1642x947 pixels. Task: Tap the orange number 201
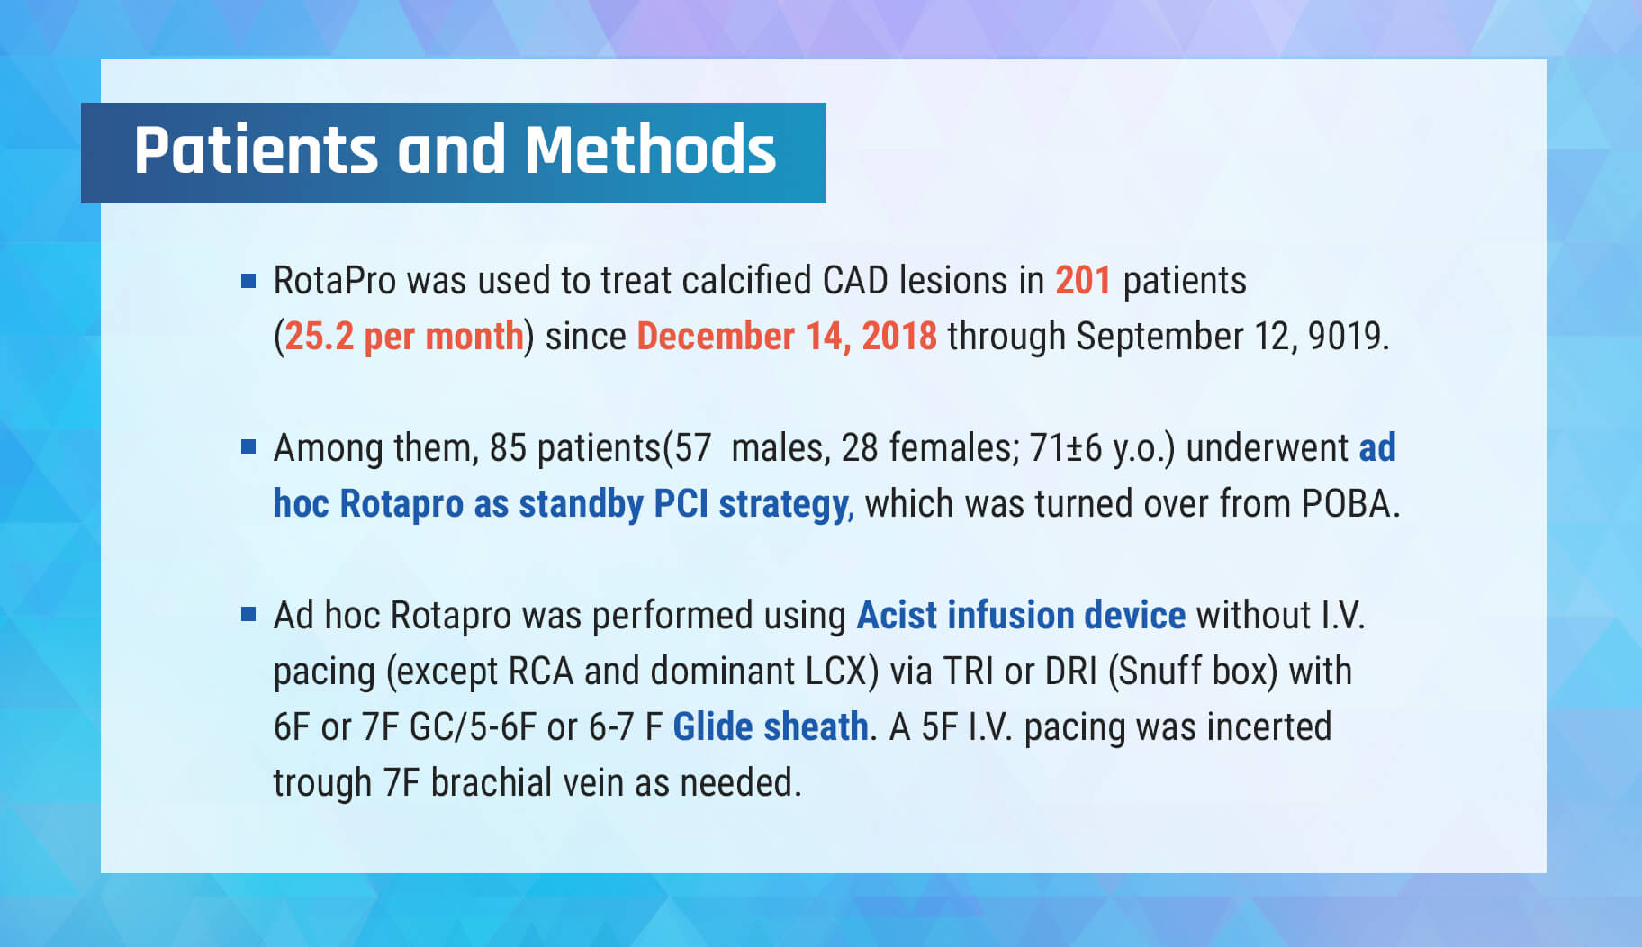(1083, 281)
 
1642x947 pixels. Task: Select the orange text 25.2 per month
(404, 337)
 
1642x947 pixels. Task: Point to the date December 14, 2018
(787, 337)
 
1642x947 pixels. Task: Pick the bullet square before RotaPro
(249, 280)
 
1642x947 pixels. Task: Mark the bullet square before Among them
(249, 446)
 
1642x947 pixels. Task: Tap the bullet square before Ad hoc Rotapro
(249, 614)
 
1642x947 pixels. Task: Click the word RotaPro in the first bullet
(335, 281)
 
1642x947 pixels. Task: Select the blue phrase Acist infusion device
(1021, 616)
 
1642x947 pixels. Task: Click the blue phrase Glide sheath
(771, 727)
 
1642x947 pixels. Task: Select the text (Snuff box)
(1193, 672)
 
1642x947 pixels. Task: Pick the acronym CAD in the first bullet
(856, 281)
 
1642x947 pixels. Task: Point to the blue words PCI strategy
(751, 504)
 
